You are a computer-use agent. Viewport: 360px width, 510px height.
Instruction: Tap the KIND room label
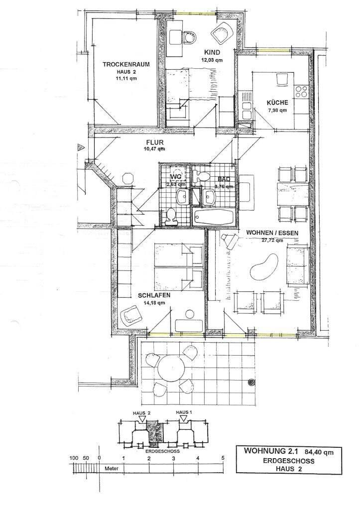[x=212, y=52]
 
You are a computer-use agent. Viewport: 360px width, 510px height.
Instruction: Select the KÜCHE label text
[x=277, y=103]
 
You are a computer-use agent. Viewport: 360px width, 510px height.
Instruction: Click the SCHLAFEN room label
[x=141, y=295]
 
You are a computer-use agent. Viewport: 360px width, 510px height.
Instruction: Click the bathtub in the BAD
[x=213, y=217]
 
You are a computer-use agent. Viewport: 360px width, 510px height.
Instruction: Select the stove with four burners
[x=301, y=91]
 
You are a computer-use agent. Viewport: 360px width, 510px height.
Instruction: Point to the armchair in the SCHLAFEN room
[x=130, y=315]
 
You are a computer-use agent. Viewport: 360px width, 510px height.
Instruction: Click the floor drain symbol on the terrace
[x=251, y=382]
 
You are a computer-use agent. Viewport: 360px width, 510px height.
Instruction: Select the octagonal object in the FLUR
[x=127, y=178]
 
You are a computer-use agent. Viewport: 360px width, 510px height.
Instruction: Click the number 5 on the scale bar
[x=222, y=458]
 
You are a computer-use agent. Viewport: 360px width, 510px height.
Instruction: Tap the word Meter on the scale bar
[x=112, y=469]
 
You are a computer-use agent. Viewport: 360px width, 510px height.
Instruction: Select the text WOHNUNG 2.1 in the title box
[x=266, y=451]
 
